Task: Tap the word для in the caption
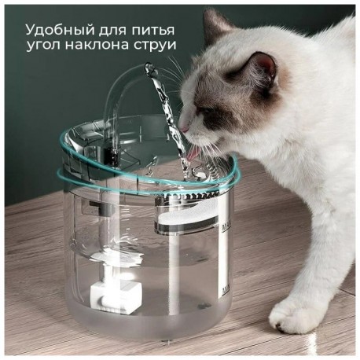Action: click(x=113, y=31)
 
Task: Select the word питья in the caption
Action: click(x=152, y=30)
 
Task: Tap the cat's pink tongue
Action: click(x=193, y=155)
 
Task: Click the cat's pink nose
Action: click(x=185, y=129)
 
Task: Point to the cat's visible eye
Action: click(x=207, y=111)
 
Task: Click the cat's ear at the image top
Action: click(x=216, y=22)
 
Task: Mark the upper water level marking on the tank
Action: click(x=226, y=225)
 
